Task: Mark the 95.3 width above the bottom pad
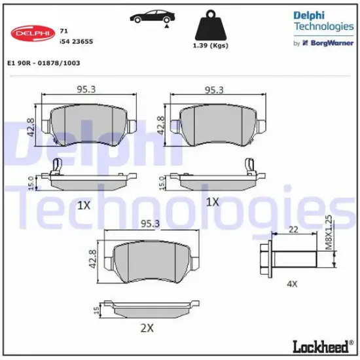pos(151,225)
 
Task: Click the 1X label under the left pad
pos(83,205)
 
